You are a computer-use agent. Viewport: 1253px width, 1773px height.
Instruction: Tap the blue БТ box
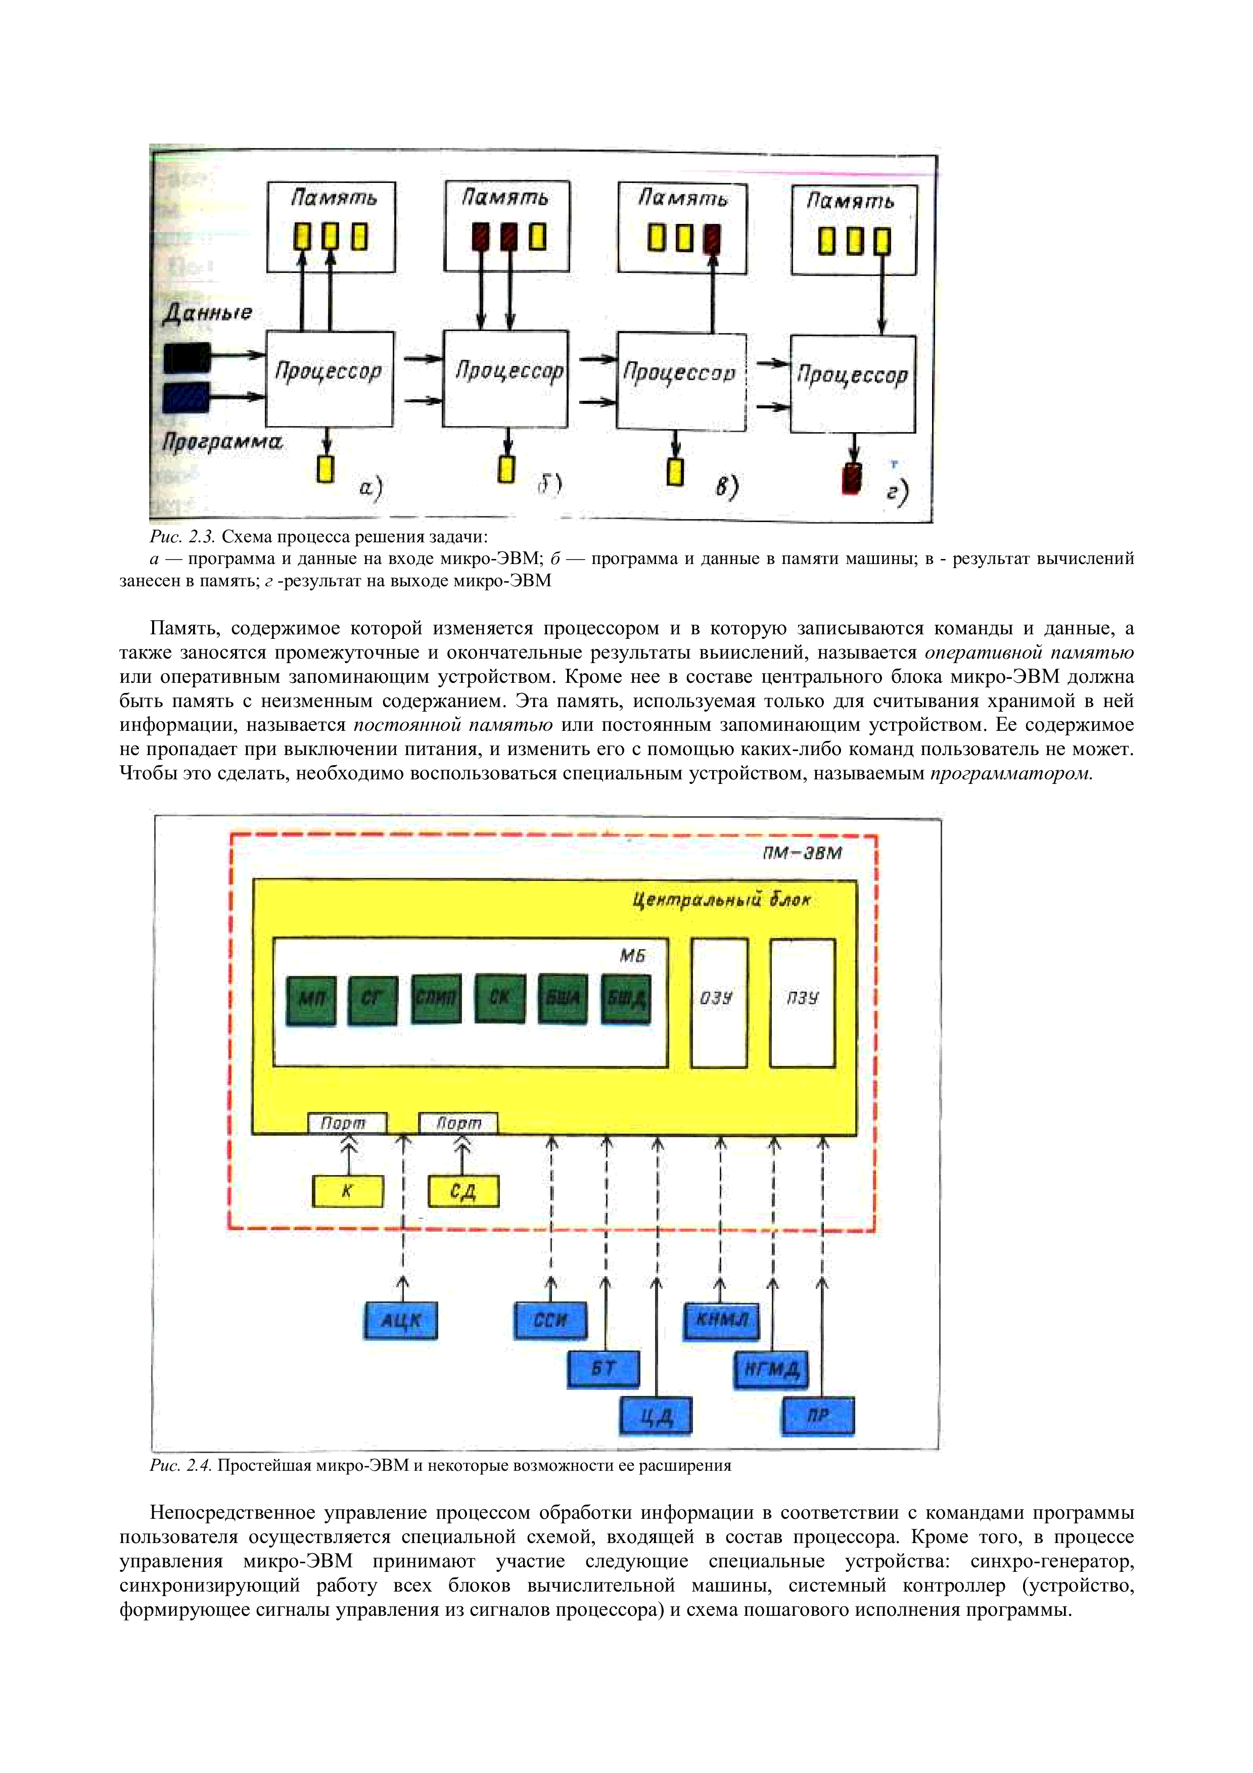(x=604, y=1368)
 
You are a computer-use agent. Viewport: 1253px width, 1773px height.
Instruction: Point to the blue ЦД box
(x=656, y=1416)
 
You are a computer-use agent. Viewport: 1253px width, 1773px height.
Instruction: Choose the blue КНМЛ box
(x=721, y=1320)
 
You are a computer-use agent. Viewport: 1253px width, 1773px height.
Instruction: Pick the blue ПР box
(x=818, y=1416)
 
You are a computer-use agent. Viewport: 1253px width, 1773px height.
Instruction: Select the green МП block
(x=311, y=999)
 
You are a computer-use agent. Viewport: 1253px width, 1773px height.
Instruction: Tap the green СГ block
(x=373, y=999)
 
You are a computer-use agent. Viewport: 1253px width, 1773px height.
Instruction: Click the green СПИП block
(x=436, y=999)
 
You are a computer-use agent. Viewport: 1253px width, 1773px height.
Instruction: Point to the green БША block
(x=562, y=999)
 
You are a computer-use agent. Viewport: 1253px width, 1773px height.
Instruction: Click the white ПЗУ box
(x=802, y=1002)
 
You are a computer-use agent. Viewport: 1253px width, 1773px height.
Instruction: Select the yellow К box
(x=347, y=1191)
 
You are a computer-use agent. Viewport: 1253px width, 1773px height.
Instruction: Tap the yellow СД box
(x=462, y=1191)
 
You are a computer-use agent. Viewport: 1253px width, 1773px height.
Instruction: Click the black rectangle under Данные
(x=187, y=357)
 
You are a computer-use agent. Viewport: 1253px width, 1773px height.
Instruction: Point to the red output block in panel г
(x=852, y=478)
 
